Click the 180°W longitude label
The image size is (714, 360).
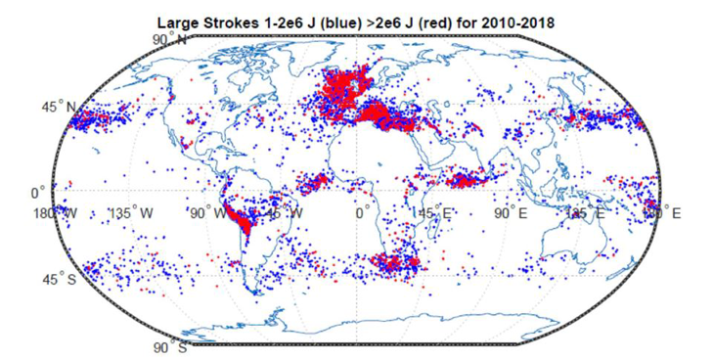point(54,212)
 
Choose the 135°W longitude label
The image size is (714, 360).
point(130,212)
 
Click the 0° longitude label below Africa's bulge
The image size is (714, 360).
point(362,212)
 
